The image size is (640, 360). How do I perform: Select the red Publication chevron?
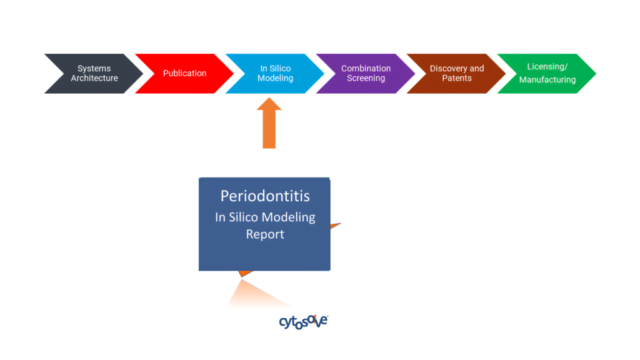pyautogui.click(x=184, y=74)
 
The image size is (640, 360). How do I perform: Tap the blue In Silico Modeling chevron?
pyautogui.click(x=275, y=74)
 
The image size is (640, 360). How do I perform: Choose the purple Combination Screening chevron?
pyautogui.click(x=366, y=74)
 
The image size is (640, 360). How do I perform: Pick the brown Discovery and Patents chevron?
pyautogui.click(x=456, y=74)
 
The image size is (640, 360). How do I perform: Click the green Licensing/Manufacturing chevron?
pyautogui.click(x=547, y=74)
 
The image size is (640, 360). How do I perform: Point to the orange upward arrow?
pyautogui.click(x=269, y=123)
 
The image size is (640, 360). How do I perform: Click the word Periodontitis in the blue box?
pyautogui.click(x=265, y=196)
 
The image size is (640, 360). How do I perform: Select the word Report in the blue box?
pyautogui.click(x=265, y=234)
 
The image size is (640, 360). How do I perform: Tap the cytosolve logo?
pyautogui.click(x=303, y=322)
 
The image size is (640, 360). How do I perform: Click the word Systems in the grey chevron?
pyautogui.click(x=94, y=69)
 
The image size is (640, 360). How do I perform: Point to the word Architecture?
pyautogui.click(x=94, y=78)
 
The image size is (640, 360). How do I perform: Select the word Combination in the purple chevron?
pyautogui.click(x=366, y=68)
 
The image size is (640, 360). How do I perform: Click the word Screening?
pyautogui.click(x=366, y=78)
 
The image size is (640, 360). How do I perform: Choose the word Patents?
pyautogui.click(x=457, y=78)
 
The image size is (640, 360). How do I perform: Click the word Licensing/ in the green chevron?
pyautogui.click(x=547, y=66)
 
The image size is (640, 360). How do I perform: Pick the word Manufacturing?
pyautogui.click(x=547, y=79)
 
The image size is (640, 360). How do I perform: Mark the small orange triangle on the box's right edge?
pyautogui.click(x=336, y=226)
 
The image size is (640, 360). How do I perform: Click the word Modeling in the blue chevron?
pyautogui.click(x=275, y=78)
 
